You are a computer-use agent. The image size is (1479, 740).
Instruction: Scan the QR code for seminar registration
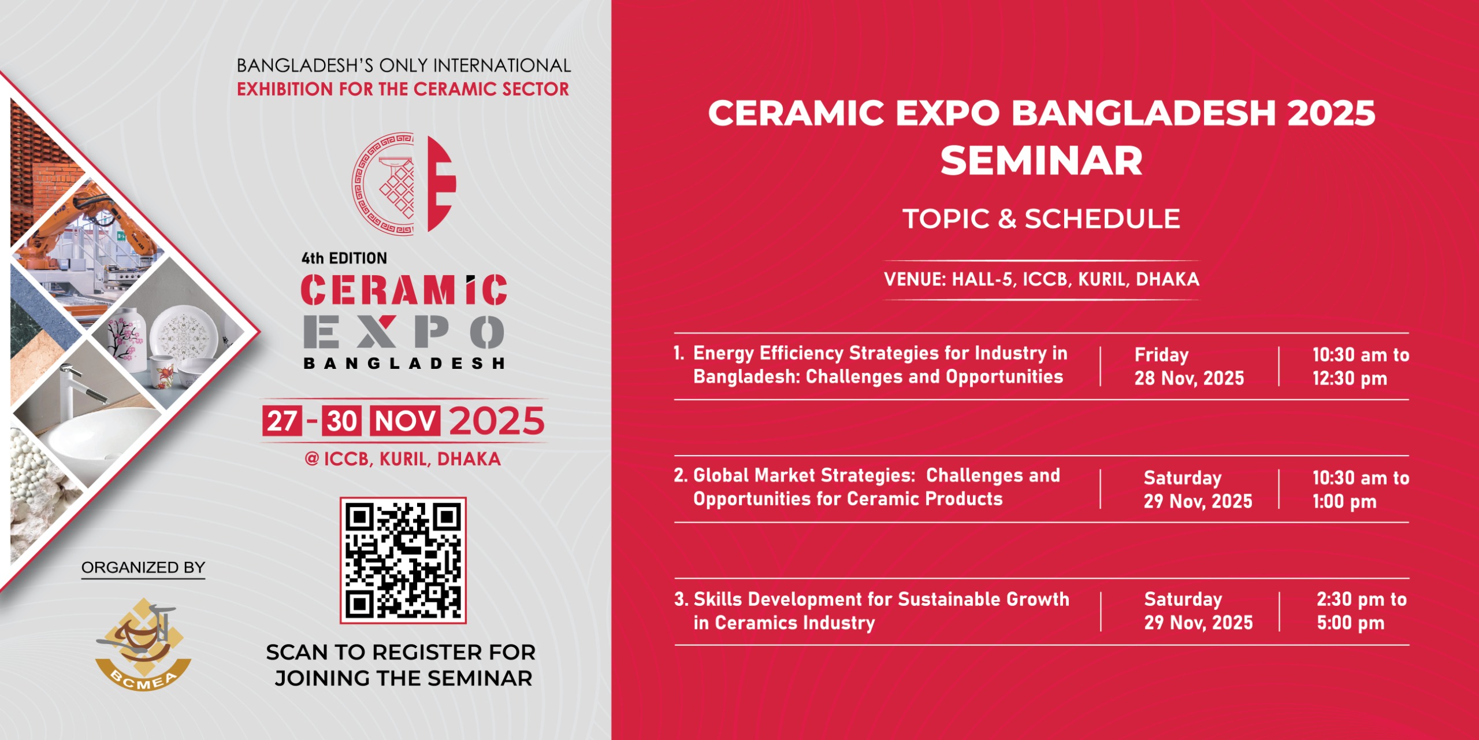click(403, 560)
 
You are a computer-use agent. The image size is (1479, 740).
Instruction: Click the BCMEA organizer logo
click(143, 645)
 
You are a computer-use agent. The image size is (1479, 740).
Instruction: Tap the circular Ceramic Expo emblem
click(404, 184)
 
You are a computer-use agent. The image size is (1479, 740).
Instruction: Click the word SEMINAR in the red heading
click(1041, 161)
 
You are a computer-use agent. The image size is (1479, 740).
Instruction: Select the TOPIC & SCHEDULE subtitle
click(1041, 219)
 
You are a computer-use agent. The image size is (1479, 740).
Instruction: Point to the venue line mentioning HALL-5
click(1042, 280)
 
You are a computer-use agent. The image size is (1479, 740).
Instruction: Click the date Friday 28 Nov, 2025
click(1189, 367)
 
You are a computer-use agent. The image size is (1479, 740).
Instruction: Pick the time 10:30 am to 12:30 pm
click(1361, 367)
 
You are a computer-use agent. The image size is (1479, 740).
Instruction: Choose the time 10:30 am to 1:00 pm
click(1361, 490)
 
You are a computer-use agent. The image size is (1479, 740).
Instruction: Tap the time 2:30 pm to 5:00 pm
click(1362, 611)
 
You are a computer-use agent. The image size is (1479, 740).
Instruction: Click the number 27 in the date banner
click(282, 421)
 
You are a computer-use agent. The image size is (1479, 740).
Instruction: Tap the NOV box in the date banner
click(405, 421)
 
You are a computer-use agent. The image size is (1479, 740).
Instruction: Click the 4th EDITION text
click(344, 258)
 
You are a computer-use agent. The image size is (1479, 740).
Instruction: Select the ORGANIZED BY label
click(143, 568)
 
